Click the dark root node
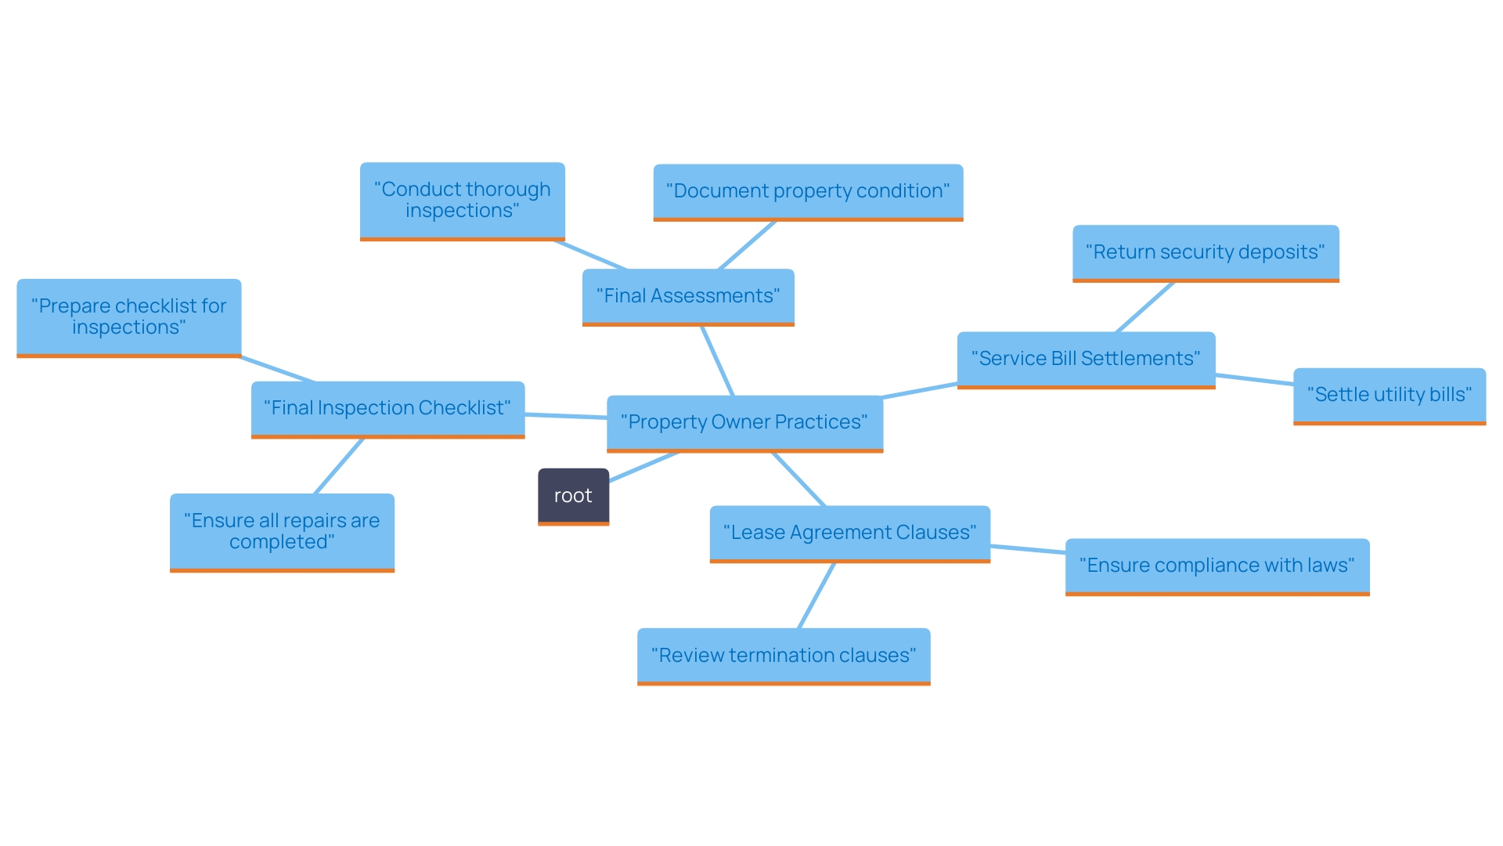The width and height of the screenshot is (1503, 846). click(573, 496)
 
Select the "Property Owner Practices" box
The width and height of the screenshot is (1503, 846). click(744, 422)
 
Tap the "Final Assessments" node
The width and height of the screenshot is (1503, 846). click(688, 296)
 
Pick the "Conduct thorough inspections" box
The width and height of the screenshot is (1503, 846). click(462, 201)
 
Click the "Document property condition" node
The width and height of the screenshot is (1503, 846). click(808, 191)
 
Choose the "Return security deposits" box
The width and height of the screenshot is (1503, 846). click(1206, 252)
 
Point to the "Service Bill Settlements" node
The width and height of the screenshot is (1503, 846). click(1086, 359)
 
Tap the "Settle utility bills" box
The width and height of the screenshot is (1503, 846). click(1389, 395)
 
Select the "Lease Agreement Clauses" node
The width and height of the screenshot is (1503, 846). click(849, 533)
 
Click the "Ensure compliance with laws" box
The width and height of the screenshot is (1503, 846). click(1217, 566)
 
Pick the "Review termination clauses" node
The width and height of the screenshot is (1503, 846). click(784, 656)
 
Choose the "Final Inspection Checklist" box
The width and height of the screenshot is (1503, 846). click(387, 408)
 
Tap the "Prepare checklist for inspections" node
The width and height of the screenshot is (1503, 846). click(129, 316)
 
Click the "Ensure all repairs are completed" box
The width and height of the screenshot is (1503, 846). click(282, 531)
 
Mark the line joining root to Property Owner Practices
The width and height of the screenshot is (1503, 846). click(643, 467)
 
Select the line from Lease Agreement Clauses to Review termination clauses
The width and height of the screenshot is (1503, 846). click(816, 595)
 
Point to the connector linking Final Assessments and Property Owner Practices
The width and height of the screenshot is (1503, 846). click(717, 360)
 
